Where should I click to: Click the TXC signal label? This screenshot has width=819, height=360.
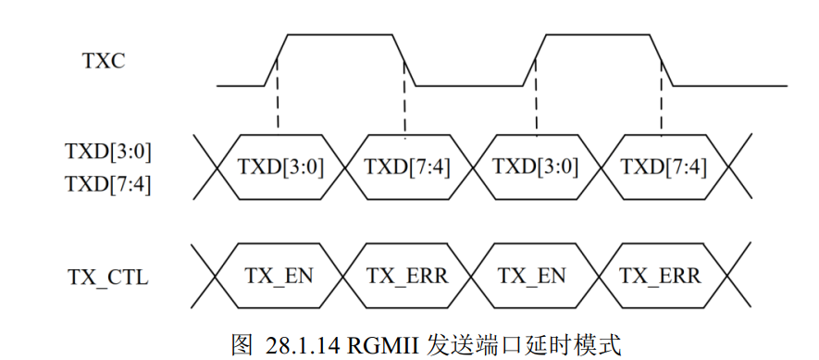click(x=103, y=62)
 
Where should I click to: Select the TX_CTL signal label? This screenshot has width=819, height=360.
click(x=108, y=276)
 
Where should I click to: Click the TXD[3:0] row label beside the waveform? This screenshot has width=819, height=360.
click(x=108, y=150)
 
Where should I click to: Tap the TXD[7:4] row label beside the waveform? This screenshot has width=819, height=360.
click(x=108, y=183)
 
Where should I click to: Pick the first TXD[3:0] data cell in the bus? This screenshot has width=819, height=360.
click(x=279, y=167)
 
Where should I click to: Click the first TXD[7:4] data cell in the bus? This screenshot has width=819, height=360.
click(x=407, y=167)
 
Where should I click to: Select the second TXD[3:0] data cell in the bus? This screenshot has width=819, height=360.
click(x=536, y=167)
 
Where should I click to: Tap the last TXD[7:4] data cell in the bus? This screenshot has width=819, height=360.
click(x=664, y=167)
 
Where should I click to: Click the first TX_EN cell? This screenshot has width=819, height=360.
click(x=279, y=276)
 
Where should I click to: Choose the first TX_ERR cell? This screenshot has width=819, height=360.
click(x=407, y=276)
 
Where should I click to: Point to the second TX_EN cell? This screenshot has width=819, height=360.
click(x=536, y=276)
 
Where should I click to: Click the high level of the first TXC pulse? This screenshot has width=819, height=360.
click(x=342, y=35)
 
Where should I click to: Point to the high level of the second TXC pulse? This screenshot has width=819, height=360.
click(x=600, y=35)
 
